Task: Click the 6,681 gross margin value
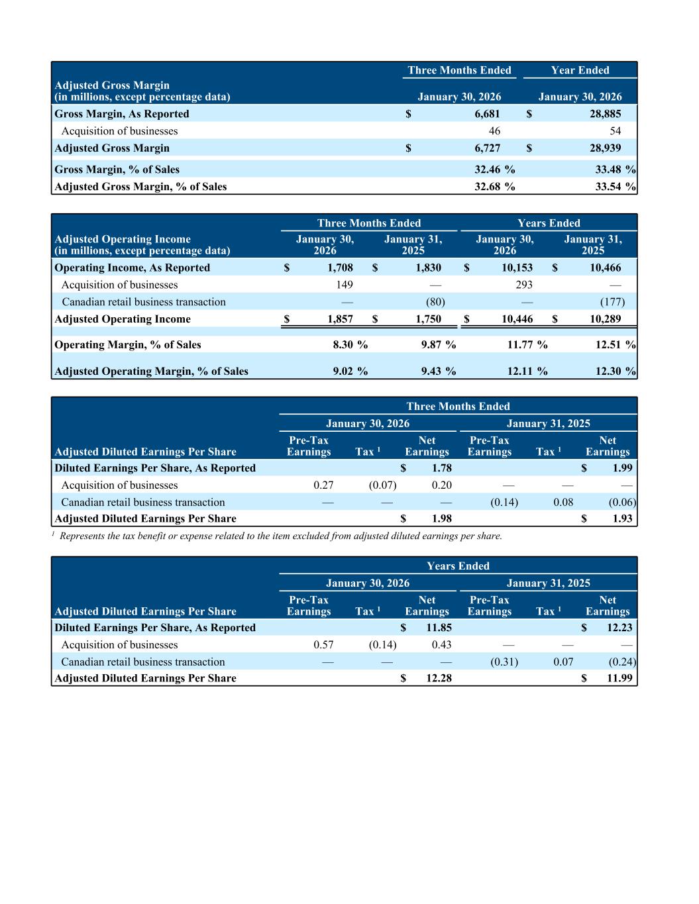coord(487,114)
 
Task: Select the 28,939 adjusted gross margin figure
coord(606,148)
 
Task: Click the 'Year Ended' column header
coord(580,70)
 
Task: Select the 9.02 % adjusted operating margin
coord(350,371)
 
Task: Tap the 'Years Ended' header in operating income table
coord(549,223)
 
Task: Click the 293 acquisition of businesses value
coord(524,285)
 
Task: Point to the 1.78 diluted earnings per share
coord(441,468)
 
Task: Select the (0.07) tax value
coord(382,485)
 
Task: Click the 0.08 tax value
coord(563,503)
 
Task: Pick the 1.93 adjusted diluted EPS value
coord(622,519)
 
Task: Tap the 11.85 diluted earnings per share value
coord(439,628)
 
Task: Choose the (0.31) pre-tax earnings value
coord(504,662)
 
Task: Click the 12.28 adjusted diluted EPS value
coord(439,678)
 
